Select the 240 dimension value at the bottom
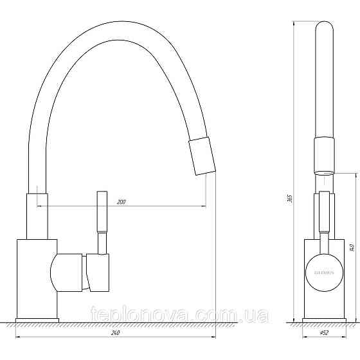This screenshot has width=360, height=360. coord(116,332)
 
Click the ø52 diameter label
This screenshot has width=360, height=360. coord(325,332)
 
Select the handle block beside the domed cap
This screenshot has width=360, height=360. coord(98,271)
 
